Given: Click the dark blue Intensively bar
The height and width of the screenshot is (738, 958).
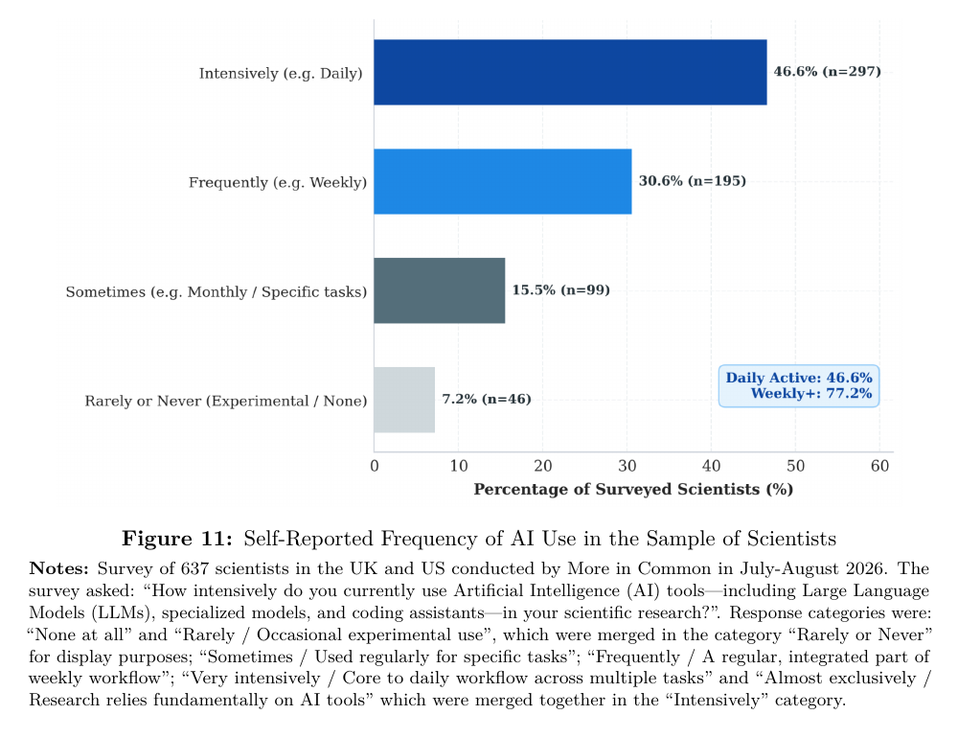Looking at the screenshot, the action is (570, 72).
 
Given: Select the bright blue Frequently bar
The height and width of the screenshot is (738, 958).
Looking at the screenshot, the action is (503, 181).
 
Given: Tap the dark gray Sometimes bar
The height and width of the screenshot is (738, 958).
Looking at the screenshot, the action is (440, 290).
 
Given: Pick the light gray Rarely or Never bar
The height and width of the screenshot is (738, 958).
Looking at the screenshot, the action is (404, 400).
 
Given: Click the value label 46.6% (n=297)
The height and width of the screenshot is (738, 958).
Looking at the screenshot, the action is (828, 72).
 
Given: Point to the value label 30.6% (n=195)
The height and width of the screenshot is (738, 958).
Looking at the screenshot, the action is (693, 181).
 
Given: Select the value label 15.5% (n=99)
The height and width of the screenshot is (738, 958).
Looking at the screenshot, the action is (560, 289).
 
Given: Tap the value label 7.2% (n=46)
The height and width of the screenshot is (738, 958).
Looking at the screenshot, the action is (487, 400).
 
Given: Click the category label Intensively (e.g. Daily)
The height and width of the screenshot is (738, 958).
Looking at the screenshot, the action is (281, 74).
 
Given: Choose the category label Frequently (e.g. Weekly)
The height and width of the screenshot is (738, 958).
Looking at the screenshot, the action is (278, 183).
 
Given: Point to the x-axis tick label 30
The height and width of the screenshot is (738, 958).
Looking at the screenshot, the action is (627, 467).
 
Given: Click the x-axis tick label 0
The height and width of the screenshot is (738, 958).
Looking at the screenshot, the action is (375, 467).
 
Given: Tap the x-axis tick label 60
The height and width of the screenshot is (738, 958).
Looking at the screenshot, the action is (879, 467).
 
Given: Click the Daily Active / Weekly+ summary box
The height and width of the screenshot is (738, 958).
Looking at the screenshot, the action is (799, 386).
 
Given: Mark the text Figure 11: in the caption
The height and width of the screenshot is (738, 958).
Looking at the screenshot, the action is (177, 539).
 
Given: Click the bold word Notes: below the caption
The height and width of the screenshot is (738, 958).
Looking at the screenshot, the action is (58, 568).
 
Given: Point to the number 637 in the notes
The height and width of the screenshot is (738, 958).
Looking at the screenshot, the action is (194, 568).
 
